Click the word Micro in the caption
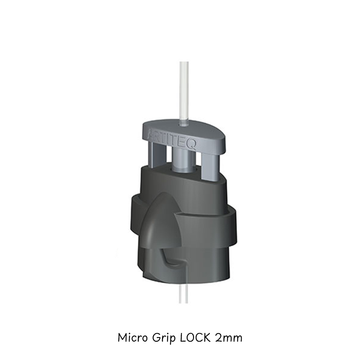tap(134, 337)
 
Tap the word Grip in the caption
tap(166, 338)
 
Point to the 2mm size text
tap(228, 338)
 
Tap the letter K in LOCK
tap(208, 337)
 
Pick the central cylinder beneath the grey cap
tap(185, 158)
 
